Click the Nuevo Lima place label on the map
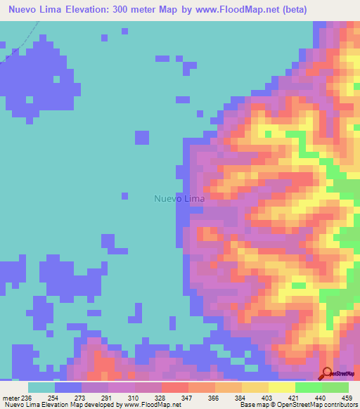click(x=179, y=199)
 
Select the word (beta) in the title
click(x=332, y=10)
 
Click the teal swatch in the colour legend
click(x=41, y=387)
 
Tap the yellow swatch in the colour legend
click(x=281, y=387)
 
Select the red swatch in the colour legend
click(x=174, y=387)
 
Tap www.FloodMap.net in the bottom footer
click(x=151, y=405)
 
